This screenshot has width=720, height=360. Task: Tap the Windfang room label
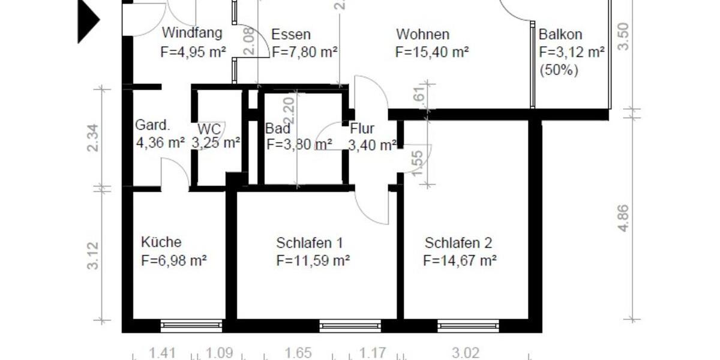(192, 34)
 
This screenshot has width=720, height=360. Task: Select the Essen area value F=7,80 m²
(304, 52)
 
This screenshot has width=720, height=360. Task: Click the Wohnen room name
(422, 34)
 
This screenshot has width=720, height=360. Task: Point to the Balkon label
(560, 35)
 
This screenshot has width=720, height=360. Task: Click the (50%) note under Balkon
(559, 70)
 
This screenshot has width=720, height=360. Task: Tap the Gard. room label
(152, 126)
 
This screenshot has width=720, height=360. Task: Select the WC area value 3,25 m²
(216, 143)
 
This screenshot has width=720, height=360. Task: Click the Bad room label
(278, 128)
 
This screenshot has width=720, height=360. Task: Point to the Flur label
(362, 128)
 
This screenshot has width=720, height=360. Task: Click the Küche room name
(161, 242)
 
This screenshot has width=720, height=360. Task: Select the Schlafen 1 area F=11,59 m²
(313, 261)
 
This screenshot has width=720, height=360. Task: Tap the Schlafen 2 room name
(458, 243)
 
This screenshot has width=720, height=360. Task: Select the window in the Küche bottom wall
(191, 326)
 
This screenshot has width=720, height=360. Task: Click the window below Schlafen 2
(468, 326)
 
